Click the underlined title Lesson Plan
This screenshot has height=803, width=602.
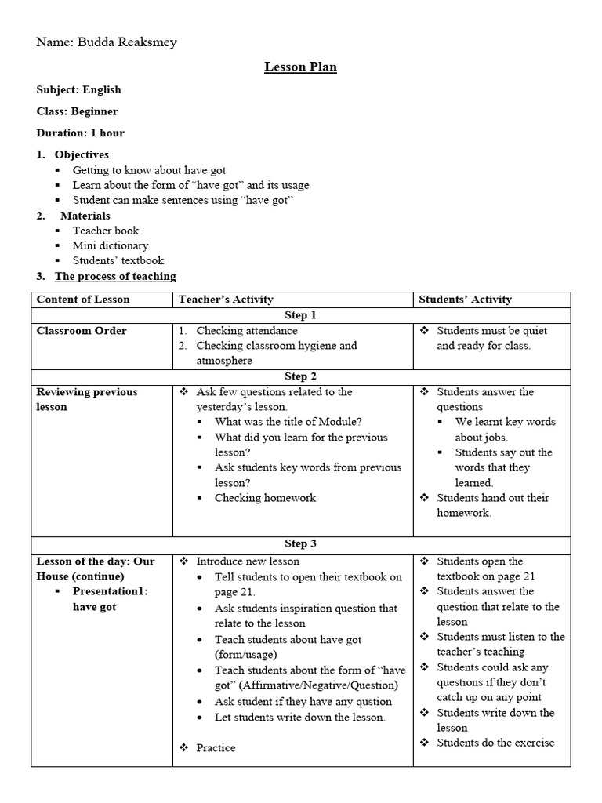tap(300, 67)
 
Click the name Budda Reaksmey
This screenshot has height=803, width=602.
tap(126, 42)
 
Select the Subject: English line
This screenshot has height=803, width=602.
tap(79, 89)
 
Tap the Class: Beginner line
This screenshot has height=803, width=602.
tap(78, 111)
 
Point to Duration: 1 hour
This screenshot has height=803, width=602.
tap(81, 133)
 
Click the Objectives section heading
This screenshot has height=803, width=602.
tap(82, 154)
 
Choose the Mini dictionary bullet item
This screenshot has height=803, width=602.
tap(111, 245)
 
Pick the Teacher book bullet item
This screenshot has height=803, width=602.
tap(106, 231)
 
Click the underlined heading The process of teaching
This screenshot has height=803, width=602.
tap(115, 276)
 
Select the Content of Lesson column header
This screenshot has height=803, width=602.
tap(83, 300)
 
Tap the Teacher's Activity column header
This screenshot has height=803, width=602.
tap(226, 300)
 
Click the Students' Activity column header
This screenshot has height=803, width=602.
tap(465, 300)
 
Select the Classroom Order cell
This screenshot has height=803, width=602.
tap(82, 331)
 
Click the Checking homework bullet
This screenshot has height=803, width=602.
tap(265, 498)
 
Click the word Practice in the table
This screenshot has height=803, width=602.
tap(216, 748)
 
